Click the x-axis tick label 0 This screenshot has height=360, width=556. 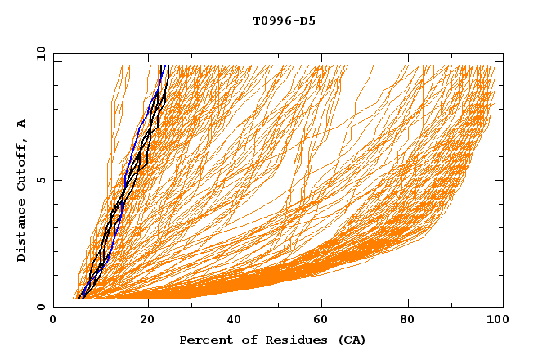(x=53, y=321)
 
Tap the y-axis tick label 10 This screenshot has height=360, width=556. (x=40, y=53)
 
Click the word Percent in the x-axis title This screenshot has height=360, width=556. (x=204, y=340)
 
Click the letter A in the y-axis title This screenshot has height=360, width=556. (x=22, y=123)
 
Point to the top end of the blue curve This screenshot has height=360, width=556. (x=163, y=66)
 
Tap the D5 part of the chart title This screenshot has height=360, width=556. (x=308, y=21)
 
